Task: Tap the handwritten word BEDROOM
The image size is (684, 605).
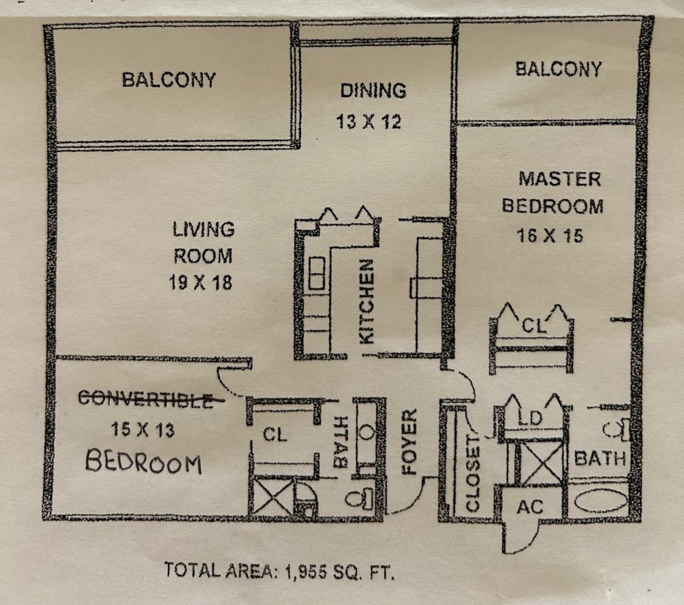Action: [x=144, y=462]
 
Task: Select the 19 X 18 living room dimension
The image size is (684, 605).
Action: [x=201, y=282]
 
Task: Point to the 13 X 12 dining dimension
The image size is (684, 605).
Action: [x=369, y=122]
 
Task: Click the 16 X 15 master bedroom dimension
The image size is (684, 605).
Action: [x=550, y=235]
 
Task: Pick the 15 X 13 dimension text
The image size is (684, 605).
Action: [x=143, y=429]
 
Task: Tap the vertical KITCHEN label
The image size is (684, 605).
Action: [x=367, y=302]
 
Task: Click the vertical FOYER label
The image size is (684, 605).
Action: [x=409, y=442]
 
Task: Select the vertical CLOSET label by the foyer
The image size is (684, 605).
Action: [x=473, y=473]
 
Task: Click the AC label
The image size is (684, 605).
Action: [x=530, y=506]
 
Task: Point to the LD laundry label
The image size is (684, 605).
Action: [x=531, y=418]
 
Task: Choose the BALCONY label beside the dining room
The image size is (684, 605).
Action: [x=169, y=80]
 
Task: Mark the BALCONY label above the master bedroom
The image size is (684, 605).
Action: [x=558, y=69]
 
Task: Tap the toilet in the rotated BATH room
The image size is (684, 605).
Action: [x=361, y=498]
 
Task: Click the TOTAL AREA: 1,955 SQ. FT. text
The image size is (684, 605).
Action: [x=279, y=570]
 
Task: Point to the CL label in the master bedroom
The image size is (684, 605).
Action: [x=533, y=325]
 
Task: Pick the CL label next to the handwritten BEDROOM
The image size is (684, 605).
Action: [x=275, y=435]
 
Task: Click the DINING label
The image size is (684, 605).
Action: [x=373, y=90]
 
